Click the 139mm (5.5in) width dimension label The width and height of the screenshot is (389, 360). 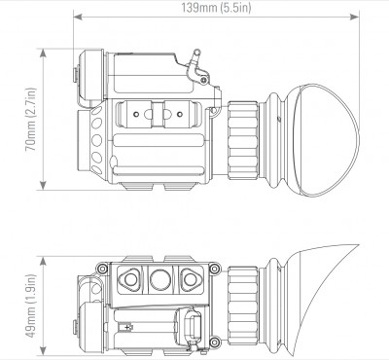(x=216, y=7)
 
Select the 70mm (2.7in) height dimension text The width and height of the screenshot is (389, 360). (x=31, y=120)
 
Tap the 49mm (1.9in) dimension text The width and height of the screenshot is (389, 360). (x=31, y=306)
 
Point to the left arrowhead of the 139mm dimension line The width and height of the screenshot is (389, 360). (x=78, y=17)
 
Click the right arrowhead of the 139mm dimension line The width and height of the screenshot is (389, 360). (x=355, y=17)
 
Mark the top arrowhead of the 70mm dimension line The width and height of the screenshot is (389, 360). (x=43, y=54)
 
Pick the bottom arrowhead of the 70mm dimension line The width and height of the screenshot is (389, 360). (x=43, y=185)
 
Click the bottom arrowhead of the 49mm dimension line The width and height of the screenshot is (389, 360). (x=43, y=350)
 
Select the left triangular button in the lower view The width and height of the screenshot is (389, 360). (x=129, y=279)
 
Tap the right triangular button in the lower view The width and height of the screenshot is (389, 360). (x=191, y=279)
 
